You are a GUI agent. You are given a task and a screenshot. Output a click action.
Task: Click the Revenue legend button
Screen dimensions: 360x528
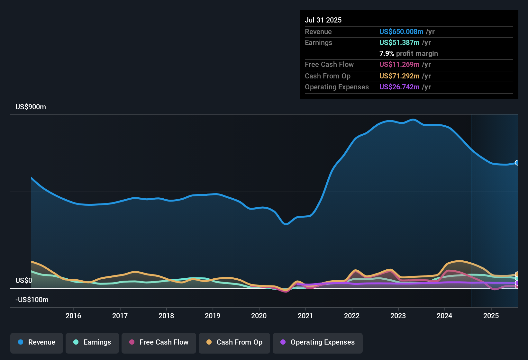(x=37, y=342)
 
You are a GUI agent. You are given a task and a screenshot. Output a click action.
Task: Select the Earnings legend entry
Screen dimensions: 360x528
(x=92, y=342)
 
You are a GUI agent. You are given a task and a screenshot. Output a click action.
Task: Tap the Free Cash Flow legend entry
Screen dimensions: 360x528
(x=159, y=342)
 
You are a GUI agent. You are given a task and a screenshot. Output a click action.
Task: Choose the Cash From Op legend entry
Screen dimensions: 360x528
(x=234, y=342)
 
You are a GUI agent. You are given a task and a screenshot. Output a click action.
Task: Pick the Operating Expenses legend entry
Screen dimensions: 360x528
(x=318, y=342)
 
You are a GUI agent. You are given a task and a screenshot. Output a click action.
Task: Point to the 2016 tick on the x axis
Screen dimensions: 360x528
(x=73, y=316)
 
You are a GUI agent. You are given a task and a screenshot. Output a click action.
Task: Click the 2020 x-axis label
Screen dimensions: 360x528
(x=259, y=316)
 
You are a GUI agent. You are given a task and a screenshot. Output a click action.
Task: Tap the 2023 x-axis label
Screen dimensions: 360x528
(x=398, y=316)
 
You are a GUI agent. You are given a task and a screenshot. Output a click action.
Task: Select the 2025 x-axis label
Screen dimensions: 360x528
(x=491, y=316)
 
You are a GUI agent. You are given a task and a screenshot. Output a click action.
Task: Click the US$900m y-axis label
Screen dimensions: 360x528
(x=31, y=107)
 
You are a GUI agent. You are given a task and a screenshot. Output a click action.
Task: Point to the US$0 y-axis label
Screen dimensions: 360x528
(x=24, y=280)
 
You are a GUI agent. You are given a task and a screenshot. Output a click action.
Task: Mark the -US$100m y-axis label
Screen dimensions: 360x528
(x=32, y=300)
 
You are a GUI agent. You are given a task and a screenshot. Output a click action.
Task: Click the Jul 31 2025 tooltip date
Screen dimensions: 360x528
(x=323, y=20)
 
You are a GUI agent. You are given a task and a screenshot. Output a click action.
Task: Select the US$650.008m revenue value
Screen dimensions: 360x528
(x=401, y=32)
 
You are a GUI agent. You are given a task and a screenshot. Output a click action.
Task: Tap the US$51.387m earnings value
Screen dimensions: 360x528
(x=399, y=42)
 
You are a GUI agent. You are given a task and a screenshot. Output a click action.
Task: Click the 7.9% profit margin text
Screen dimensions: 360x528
(x=408, y=53)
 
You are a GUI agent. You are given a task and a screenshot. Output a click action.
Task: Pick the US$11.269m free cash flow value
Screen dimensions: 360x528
(x=399, y=64)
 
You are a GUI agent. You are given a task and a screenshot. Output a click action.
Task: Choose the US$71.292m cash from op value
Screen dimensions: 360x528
(x=399, y=76)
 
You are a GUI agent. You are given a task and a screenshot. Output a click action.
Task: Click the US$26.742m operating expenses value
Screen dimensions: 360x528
(x=399, y=87)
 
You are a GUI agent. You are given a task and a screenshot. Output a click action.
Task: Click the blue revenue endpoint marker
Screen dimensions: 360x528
(x=517, y=163)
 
